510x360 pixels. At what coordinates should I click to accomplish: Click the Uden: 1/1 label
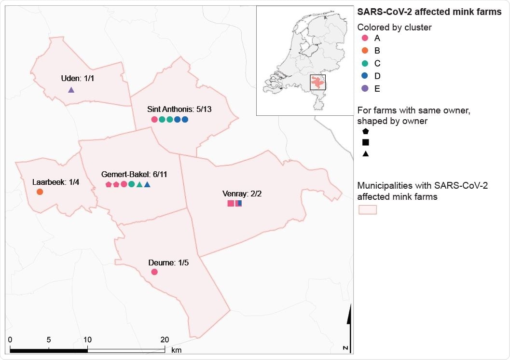coord(80,78)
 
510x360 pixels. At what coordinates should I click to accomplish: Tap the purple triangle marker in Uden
coord(71,90)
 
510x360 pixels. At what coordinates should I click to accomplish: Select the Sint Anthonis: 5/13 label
coord(179,110)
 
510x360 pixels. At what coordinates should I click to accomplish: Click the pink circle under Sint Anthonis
coord(154,119)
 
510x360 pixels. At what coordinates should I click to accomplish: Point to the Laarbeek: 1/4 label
coord(49,182)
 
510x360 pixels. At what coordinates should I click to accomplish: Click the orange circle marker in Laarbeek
coord(40,192)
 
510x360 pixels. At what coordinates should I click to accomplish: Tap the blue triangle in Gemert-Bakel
coord(147,184)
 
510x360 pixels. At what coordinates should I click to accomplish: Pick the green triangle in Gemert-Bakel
coord(139,184)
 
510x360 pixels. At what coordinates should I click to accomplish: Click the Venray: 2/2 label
coord(242,194)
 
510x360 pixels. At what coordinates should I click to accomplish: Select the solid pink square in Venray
coord(231,203)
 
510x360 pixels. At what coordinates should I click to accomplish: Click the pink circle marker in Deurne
coord(154,272)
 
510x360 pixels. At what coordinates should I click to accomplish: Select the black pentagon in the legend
coord(365,131)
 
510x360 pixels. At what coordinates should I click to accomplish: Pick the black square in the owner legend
coord(365,142)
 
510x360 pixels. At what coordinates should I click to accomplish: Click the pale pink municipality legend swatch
coord(367,210)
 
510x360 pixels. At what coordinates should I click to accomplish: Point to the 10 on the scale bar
coord(87,339)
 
